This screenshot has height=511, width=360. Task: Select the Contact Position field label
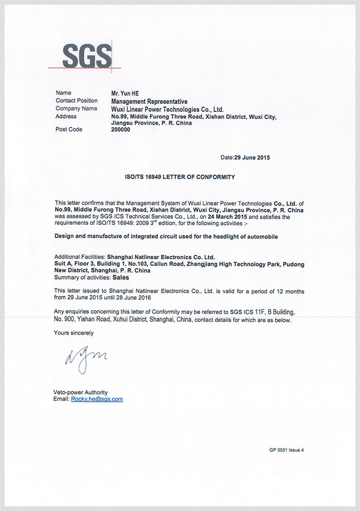76,101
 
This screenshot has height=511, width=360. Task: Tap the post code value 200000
121,130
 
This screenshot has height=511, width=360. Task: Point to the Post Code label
69,130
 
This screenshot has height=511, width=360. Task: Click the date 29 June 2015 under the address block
252,157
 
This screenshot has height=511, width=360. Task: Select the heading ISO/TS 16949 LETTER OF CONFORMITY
179,177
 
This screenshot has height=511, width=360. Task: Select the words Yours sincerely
74,333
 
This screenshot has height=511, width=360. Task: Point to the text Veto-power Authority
81,392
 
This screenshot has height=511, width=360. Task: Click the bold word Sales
121,278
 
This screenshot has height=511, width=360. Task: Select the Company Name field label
76,108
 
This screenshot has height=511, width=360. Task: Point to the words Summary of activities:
82,278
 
